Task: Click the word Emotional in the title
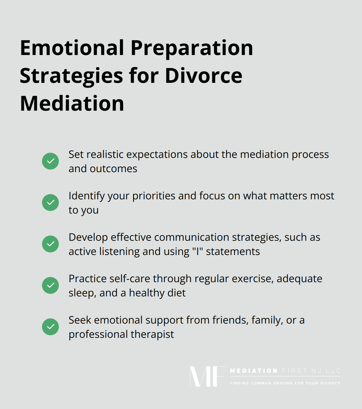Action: [72, 48]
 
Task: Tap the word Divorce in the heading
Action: [204, 76]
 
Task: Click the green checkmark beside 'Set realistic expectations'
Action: [50, 161]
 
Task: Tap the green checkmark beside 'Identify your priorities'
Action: [50, 203]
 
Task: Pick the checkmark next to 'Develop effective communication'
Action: [50, 244]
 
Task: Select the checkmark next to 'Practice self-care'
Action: [50, 285]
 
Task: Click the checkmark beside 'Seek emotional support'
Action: [50, 327]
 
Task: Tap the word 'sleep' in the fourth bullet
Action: [82, 293]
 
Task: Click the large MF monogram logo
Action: [207, 376]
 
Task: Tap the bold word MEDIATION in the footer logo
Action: [254, 371]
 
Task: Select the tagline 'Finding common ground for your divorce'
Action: [285, 383]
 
